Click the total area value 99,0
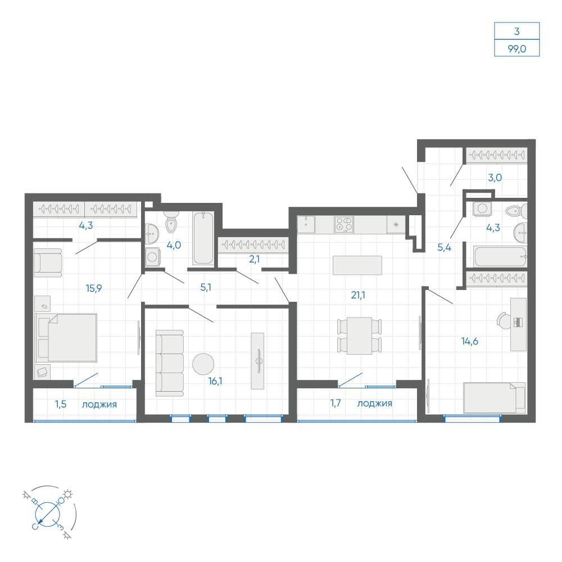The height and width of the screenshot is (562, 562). [x=517, y=49]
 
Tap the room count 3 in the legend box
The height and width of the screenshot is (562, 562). [x=517, y=31]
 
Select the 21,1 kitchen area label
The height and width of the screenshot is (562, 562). [x=358, y=295]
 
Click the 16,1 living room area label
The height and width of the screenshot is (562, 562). [x=215, y=381]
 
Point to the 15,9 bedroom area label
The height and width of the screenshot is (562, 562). [x=94, y=288]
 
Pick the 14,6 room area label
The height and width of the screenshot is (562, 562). [x=469, y=341]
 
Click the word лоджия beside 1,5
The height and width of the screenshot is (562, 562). [x=99, y=405]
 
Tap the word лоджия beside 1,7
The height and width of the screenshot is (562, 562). [x=374, y=404]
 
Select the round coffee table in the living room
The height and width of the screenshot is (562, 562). [x=203, y=364]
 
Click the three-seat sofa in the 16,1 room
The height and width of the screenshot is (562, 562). [x=170, y=363]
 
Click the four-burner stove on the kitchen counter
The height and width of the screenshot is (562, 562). [x=344, y=225]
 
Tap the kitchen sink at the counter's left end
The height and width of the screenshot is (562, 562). [x=306, y=225]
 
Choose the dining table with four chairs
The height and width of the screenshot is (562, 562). [x=360, y=336]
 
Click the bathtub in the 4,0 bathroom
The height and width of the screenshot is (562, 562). [x=203, y=238]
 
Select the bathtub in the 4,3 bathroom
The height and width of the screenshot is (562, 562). [x=500, y=257]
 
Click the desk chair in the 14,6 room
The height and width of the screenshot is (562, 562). [x=505, y=320]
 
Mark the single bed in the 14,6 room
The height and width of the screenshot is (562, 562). [x=495, y=398]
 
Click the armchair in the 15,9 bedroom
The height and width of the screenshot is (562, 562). [x=48, y=263]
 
